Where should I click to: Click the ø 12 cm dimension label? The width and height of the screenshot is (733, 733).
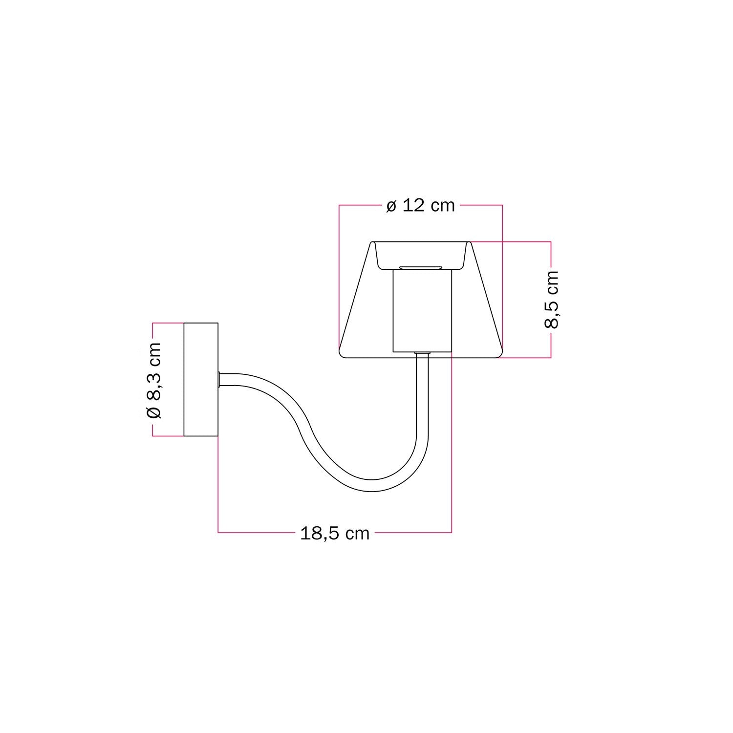420,206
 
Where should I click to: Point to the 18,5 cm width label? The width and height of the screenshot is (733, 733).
335,533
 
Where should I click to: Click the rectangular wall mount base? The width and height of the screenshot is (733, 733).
200,379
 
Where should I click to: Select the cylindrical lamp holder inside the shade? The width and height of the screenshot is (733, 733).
422,313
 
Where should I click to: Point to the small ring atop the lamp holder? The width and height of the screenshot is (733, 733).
421,268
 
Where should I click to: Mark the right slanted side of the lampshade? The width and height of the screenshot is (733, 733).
487,298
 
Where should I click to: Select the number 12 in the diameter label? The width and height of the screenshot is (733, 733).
414,206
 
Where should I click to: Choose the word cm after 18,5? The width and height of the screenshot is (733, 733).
357,533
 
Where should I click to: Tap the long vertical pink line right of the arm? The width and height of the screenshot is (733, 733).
452,440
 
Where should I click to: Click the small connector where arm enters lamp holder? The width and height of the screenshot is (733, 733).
422,353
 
